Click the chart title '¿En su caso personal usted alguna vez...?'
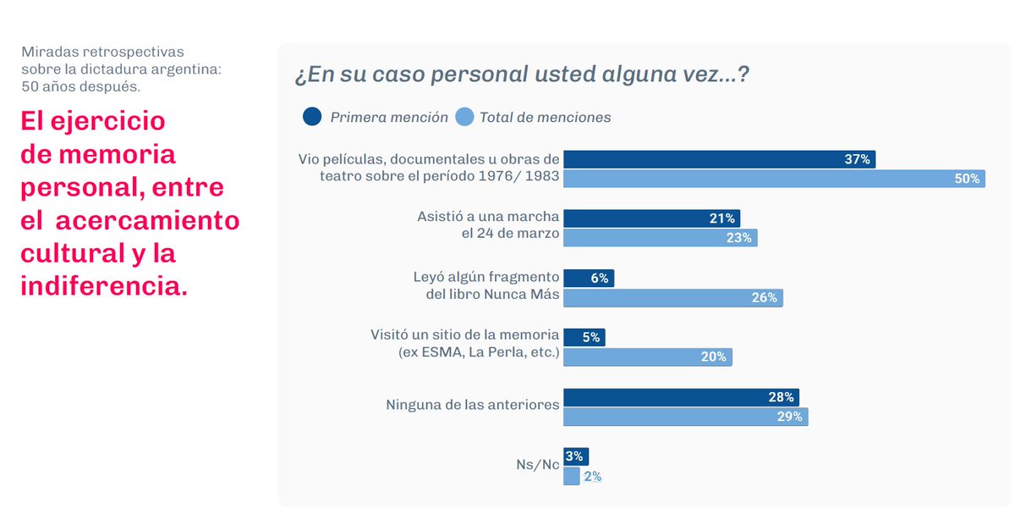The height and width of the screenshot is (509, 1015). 522,75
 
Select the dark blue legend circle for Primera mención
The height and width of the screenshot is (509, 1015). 312,117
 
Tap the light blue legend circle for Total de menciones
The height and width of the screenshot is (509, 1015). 464,117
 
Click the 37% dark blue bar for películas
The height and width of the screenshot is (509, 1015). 719,159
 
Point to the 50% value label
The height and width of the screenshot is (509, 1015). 967,179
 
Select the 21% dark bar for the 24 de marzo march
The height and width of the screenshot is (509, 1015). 651,219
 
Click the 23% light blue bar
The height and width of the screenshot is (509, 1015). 660,238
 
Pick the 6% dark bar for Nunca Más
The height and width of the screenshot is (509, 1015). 589,278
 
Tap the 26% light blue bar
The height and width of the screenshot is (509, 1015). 672,297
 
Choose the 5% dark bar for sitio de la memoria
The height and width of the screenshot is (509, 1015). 584,337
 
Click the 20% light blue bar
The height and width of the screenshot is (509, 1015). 647,357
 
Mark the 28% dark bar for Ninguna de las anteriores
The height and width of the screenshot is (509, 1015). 681,397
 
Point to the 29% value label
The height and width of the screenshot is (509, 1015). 789,417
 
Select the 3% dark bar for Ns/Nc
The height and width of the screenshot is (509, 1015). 576,456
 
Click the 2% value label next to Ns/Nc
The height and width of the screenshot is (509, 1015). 592,477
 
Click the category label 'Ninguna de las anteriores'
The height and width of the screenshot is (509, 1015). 472,405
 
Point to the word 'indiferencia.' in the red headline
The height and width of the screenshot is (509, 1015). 104,285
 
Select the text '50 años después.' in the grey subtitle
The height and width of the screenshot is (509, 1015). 81,86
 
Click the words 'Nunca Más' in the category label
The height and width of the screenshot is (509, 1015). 525,294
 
